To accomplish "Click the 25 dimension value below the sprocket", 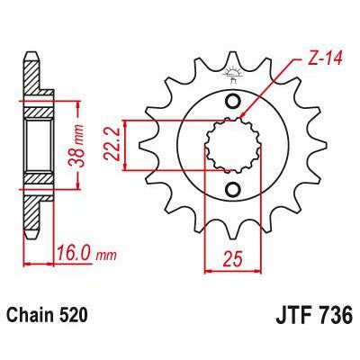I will tap(233, 262).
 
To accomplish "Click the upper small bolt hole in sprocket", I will tap(233, 100).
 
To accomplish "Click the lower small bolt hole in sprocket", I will tap(233, 189).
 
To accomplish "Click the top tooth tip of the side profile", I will tap(31, 54).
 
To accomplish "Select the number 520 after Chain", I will tap(78, 317).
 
